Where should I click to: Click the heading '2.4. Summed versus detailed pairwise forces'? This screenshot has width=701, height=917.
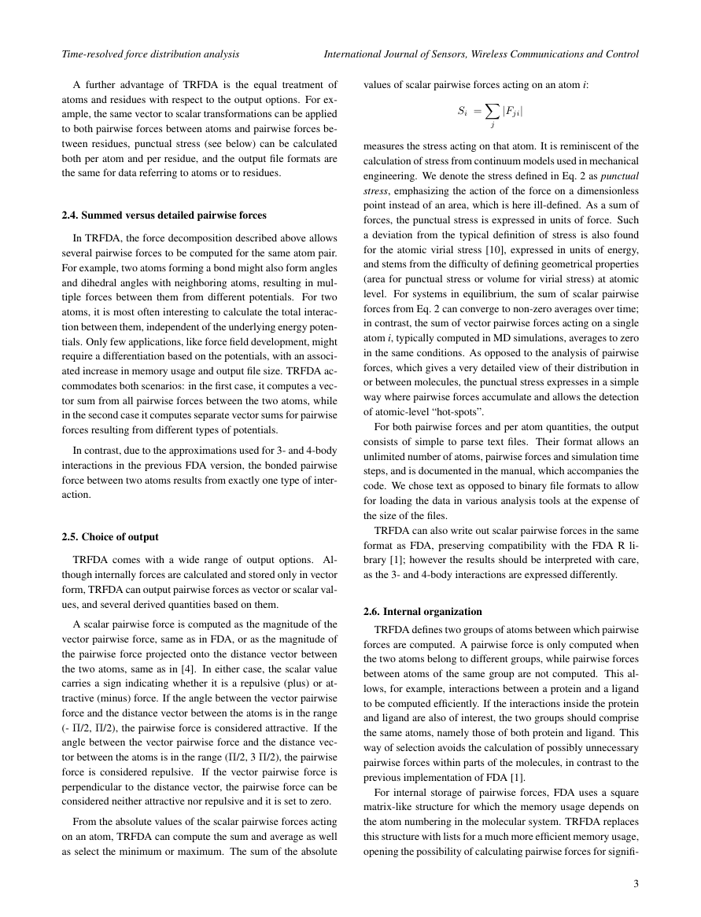[164, 215]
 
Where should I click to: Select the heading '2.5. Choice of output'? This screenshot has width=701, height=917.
[110, 537]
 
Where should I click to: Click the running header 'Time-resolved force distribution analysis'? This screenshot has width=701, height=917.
[150, 54]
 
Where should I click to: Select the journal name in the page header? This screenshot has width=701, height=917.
[481, 54]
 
